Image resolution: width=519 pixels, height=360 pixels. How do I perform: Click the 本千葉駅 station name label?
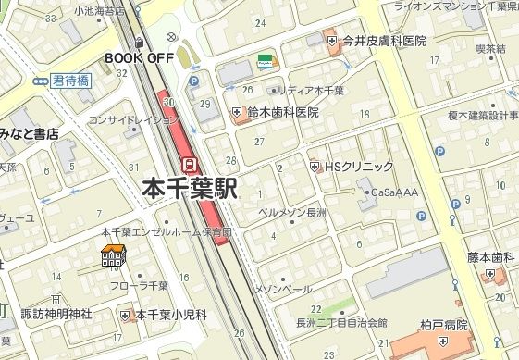pyautogui.click(x=191, y=189)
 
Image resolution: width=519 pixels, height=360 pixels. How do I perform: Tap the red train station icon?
pyautogui.click(x=190, y=164)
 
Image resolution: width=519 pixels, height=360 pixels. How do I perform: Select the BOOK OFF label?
pyautogui.click(x=140, y=57)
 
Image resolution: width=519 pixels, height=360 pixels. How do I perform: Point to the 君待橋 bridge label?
pyautogui.click(x=70, y=81)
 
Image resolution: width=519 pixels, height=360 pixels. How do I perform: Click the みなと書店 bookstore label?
pyautogui.click(x=29, y=134)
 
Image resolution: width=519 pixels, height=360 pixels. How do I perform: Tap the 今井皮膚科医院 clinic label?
pyautogui.click(x=383, y=41)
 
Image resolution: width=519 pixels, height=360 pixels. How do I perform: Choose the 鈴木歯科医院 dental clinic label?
pyautogui.click(x=282, y=112)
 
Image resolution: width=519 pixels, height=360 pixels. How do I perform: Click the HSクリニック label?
pyautogui.click(x=358, y=167)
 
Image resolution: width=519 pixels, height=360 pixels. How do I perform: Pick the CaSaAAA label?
pyautogui.click(x=394, y=192)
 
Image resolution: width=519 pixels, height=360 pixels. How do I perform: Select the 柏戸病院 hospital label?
pyautogui.click(x=443, y=327)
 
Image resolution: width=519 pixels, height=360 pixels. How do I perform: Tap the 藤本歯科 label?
pyautogui.click(x=490, y=258)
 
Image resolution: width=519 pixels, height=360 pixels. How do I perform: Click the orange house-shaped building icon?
pyautogui.click(x=114, y=256)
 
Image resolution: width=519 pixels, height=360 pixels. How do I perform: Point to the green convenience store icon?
pyautogui.click(x=266, y=61)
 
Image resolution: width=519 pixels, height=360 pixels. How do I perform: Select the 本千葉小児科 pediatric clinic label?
pyautogui.click(x=171, y=315)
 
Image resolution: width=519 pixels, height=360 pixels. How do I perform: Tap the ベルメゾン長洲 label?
pyautogui.click(x=291, y=213)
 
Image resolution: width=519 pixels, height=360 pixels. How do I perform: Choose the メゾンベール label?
pyautogui.click(x=283, y=290)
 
